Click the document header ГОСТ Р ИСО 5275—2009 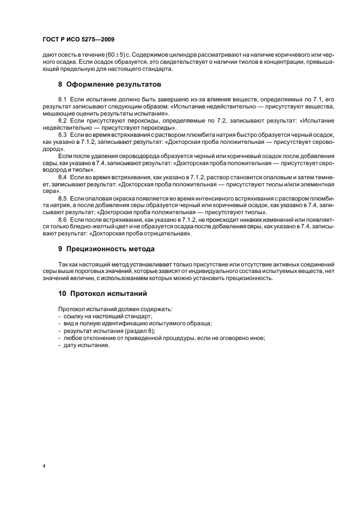(x=78, y=40)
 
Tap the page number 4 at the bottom (x=44, y=465)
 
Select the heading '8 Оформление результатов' (x=106, y=84)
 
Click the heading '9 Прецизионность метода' (x=106, y=248)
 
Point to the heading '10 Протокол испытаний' (x=102, y=293)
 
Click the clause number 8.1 (x=62, y=99)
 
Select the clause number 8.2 (x=62, y=119)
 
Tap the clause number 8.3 (x=62, y=133)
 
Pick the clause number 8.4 (x=62, y=177)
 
